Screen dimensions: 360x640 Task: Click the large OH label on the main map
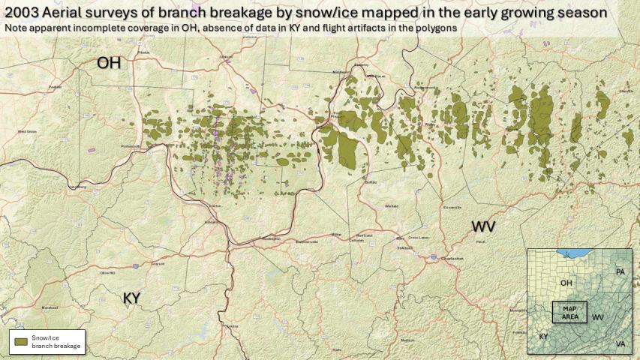pyautogui.click(x=108, y=64)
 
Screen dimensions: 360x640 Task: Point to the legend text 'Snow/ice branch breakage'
pyautogui.click(x=56, y=341)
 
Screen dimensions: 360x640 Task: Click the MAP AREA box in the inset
pyautogui.click(x=569, y=312)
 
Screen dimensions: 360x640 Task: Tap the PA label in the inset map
pyautogui.click(x=620, y=271)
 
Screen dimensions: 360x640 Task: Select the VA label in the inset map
pyautogui.click(x=620, y=343)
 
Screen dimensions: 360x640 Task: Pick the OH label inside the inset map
pyautogui.click(x=566, y=283)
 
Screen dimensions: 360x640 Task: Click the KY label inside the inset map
pyautogui.click(x=542, y=337)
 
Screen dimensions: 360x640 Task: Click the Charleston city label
pyautogui.click(x=450, y=258)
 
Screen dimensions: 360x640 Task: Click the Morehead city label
pyautogui.click(x=50, y=307)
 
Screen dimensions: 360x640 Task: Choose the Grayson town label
pyautogui.click(x=158, y=263)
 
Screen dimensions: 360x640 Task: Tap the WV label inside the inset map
pyautogui.click(x=597, y=317)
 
